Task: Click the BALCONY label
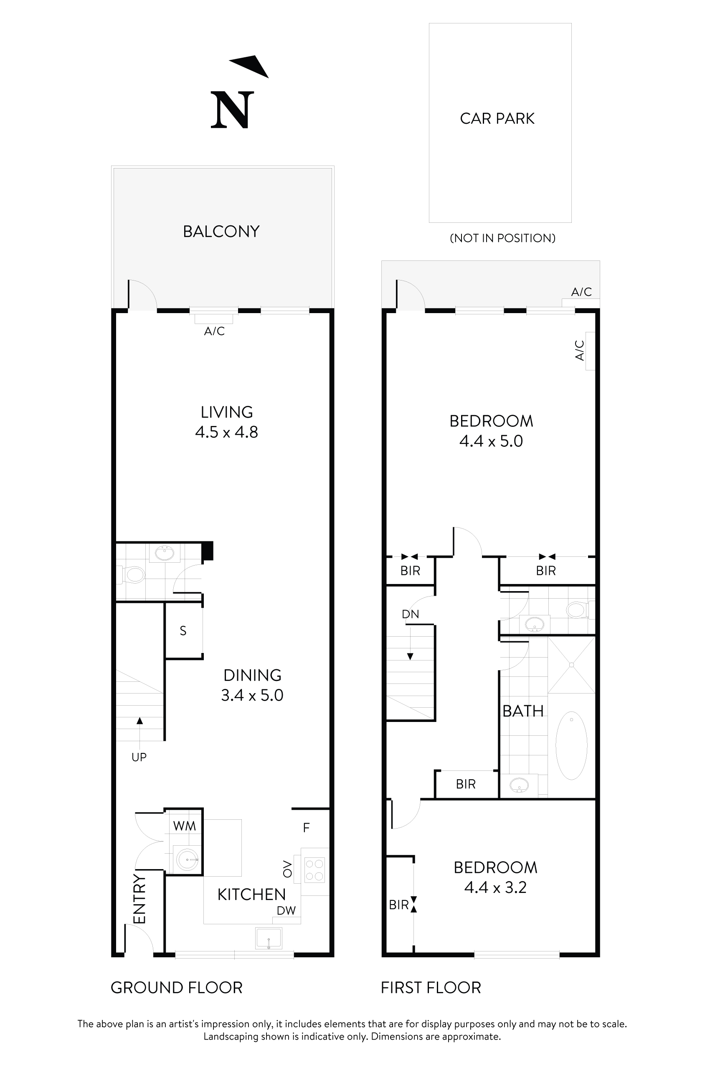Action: [x=221, y=232]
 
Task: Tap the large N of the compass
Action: [x=232, y=110]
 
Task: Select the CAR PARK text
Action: [x=497, y=119]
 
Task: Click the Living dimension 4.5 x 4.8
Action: [x=226, y=432]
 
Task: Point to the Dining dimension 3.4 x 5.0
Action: [x=252, y=695]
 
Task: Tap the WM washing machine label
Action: [x=184, y=826]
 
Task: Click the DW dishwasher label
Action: [x=286, y=910]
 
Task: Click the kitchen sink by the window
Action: [x=269, y=938]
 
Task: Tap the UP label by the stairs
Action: [x=139, y=757]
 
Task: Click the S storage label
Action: [x=183, y=631]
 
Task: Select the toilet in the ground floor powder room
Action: [x=134, y=576]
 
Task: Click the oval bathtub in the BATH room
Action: [x=571, y=745]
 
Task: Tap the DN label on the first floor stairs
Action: [x=410, y=614]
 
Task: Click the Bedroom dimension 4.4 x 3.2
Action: [x=495, y=887]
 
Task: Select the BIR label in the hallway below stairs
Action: [x=466, y=784]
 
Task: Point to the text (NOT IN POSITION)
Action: [x=502, y=238]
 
